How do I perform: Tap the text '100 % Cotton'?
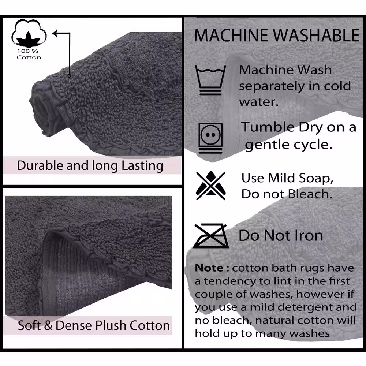click(x=29, y=54)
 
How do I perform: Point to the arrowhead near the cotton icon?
click(x=56, y=33)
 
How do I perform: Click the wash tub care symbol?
click(x=210, y=80)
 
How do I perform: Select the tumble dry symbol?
click(x=210, y=138)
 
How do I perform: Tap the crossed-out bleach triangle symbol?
click(x=211, y=186)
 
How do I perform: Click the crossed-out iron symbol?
click(x=211, y=236)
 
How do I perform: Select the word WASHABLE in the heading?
click(x=316, y=36)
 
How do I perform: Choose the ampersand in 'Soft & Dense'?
click(x=48, y=325)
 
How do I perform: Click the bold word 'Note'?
click(x=209, y=268)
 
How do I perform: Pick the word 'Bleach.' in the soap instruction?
click(x=310, y=194)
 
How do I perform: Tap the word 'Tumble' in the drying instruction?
click(x=268, y=127)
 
